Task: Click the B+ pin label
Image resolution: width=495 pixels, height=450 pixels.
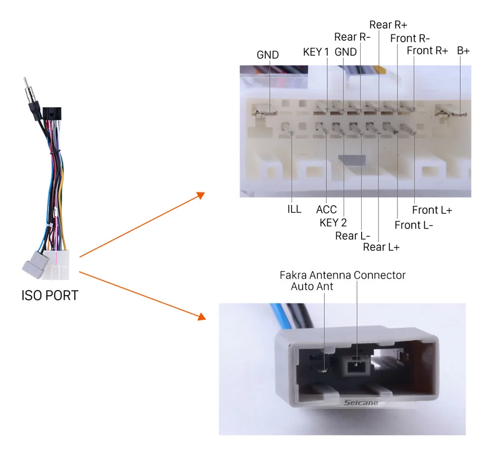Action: point(463,50)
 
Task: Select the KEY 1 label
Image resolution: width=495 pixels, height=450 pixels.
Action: point(316,52)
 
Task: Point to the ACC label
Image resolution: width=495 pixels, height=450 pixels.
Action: point(326,210)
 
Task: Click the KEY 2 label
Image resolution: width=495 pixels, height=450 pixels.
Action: point(333,222)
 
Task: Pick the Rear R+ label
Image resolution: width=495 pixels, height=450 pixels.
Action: point(388,25)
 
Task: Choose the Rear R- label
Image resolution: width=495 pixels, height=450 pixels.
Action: point(352,37)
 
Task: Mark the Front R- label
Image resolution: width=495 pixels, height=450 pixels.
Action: point(410,39)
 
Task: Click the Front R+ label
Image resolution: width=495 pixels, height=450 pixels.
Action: point(427,50)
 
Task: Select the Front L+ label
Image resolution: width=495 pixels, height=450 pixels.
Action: point(432,210)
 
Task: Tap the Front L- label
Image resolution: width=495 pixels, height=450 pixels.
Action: point(414,225)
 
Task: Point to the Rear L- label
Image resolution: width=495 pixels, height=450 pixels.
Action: point(353,236)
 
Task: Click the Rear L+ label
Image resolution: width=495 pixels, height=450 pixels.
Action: point(381,247)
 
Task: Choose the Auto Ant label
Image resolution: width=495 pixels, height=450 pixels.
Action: point(312,287)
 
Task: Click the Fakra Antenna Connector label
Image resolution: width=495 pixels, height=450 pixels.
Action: point(342,275)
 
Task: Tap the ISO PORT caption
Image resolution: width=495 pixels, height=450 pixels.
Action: point(50,295)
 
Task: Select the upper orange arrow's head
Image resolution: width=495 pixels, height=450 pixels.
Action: point(201,195)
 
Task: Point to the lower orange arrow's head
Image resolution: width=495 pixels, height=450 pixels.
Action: point(202,317)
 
